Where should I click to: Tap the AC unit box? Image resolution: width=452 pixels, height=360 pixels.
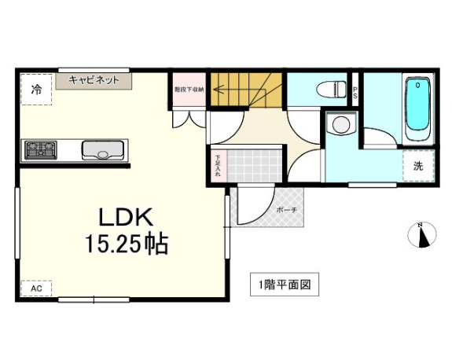click(x=35, y=289)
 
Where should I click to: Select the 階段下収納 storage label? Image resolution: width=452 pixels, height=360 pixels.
click(x=189, y=90)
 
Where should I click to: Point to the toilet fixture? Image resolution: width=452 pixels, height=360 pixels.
click(x=329, y=86)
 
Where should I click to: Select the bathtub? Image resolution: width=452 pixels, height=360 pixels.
click(x=417, y=109)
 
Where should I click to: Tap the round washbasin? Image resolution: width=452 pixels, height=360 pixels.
click(x=340, y=124)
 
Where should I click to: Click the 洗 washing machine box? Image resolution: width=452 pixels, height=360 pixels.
click(x=418, y=166)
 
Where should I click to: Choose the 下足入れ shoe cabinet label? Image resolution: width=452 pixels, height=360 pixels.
click(x=218, y=166)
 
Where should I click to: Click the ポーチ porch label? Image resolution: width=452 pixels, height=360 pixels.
click(x=285, y=210)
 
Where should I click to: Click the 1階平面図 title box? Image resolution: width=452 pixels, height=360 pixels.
click(x=285, y=284)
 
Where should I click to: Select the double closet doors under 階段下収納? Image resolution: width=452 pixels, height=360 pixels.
click(x=189, y=116)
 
